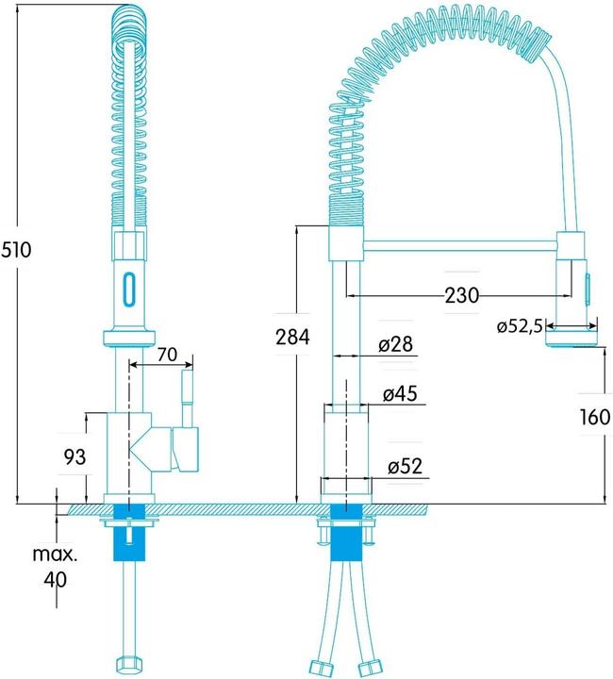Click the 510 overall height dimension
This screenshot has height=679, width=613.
(16, 250)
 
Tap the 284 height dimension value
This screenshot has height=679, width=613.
(292, 337)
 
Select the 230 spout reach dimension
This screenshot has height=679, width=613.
(462, 295)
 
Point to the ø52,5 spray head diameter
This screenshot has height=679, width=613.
(520, 326)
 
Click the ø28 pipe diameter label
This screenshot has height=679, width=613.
(396, 344)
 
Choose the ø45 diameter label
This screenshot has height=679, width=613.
(400, 393)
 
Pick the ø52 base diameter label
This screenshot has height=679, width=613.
(405, 467)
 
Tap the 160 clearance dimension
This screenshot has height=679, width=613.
(595, 417)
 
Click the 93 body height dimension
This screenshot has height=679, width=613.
(75, 456)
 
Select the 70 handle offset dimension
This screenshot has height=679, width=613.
(167, 355)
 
